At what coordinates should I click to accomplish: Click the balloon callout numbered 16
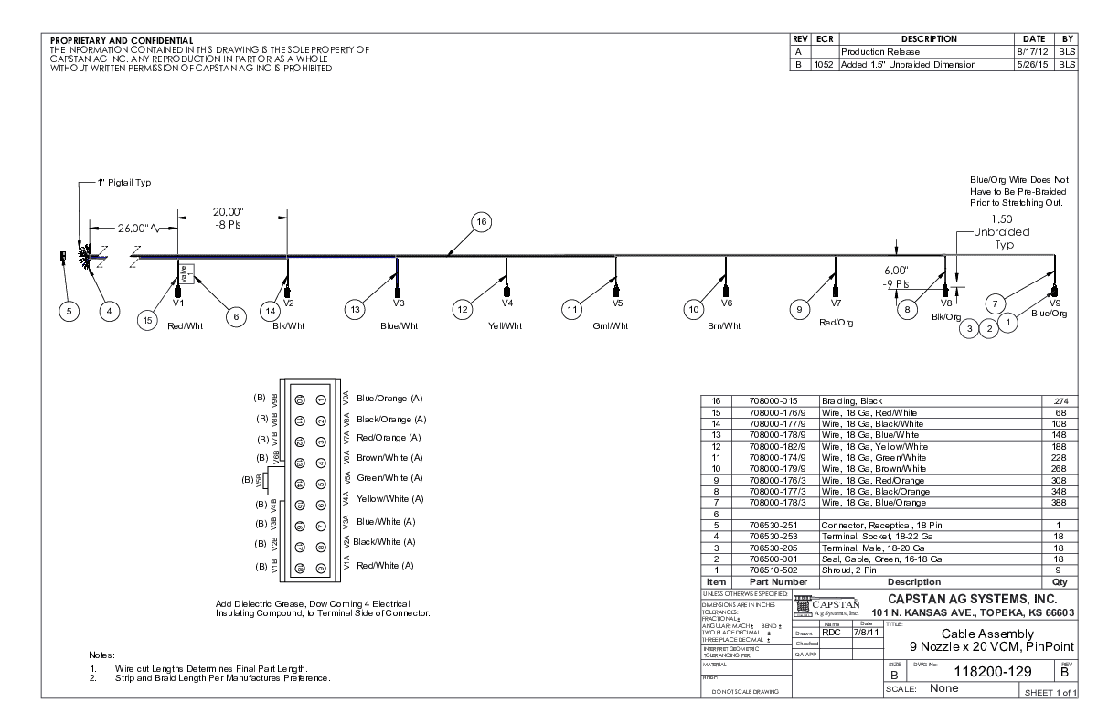(480, 221)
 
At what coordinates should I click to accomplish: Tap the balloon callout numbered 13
(355, 311)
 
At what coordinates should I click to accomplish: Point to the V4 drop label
(507, 302)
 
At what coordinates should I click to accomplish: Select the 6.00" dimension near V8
(895, 271)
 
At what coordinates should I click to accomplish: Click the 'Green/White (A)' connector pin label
(390, 478)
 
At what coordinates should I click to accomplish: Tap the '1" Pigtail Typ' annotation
(124, 183)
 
